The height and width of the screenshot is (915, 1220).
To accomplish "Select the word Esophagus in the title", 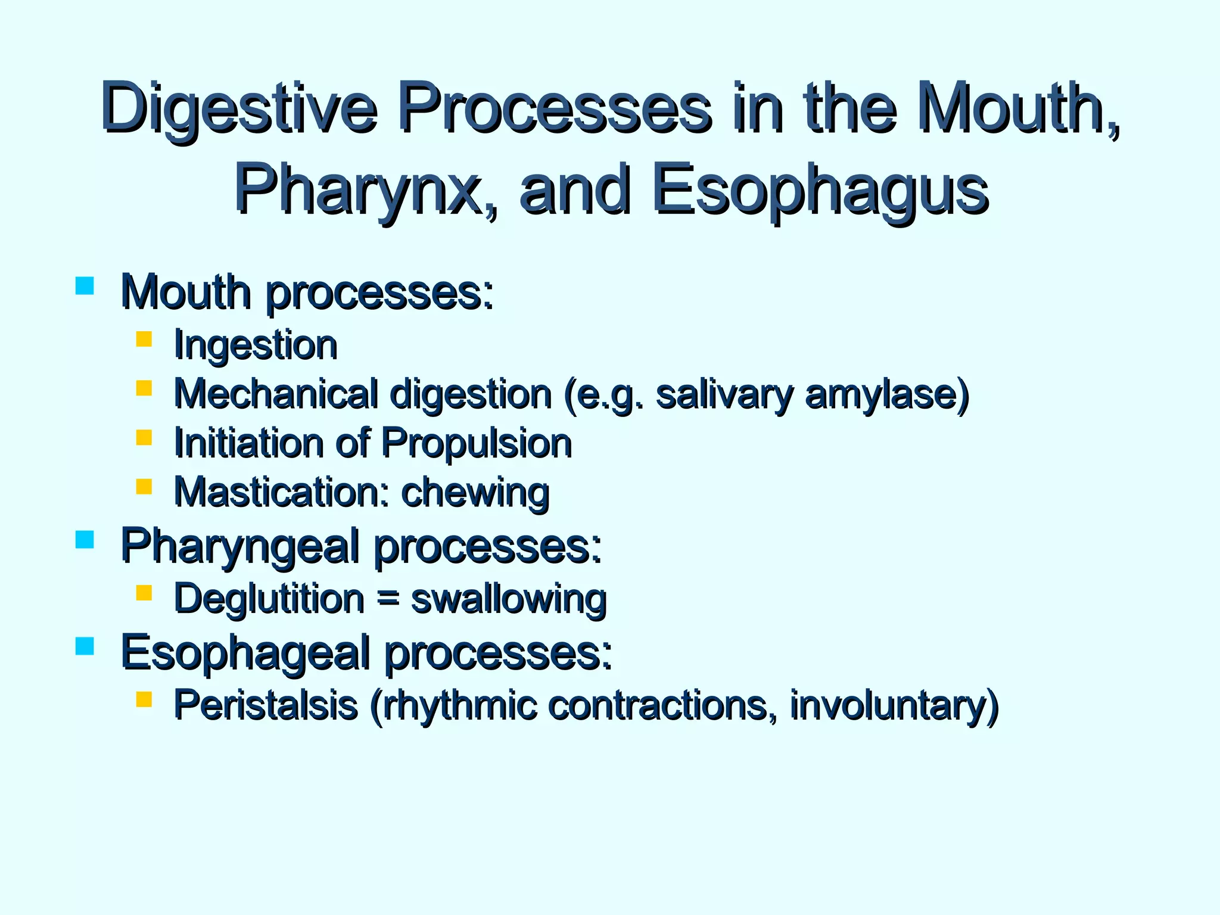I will [x=819, y=191].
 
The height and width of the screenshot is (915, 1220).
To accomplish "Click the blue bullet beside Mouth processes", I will [x=85, y=286].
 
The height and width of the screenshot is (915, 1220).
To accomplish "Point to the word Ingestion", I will [x=256, y=346].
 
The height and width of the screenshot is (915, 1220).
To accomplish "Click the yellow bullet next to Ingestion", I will [x=144, y=340].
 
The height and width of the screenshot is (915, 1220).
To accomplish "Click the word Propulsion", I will [x=476, y=444].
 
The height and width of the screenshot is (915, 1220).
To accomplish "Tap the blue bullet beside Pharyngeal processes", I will [x=85, y=540].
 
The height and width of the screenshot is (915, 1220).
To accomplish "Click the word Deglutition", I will [x=269, y=599].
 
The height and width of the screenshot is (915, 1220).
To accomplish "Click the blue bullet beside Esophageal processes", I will [x=85, y=646].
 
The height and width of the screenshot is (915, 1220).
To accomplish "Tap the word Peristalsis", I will [x=265, y=705].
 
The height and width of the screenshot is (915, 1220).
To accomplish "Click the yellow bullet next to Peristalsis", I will [x=144, y=699].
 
